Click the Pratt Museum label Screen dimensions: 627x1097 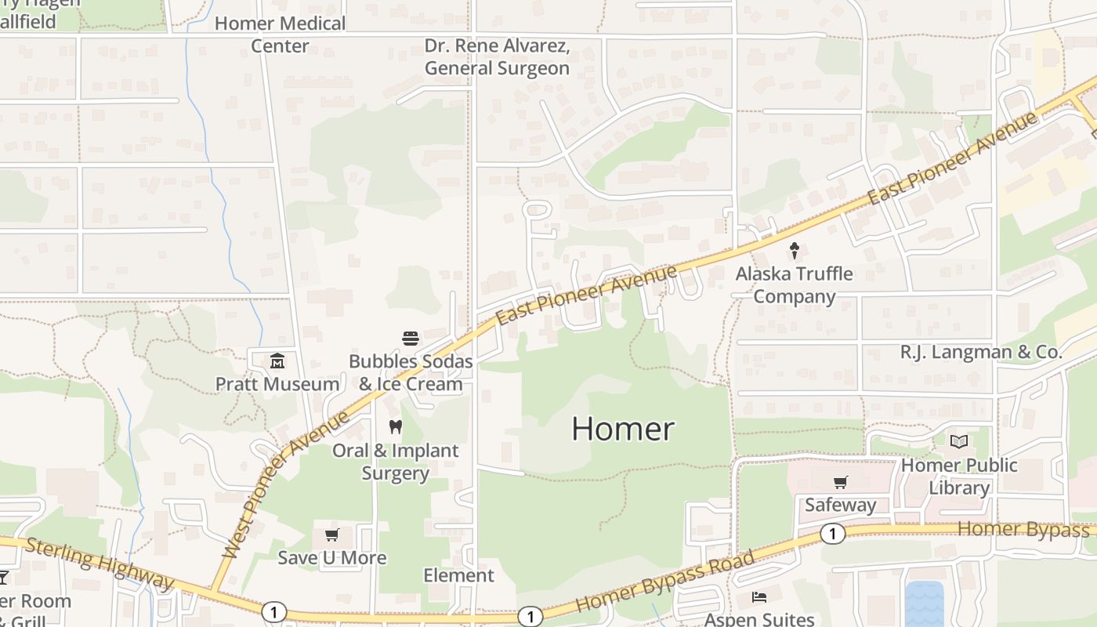[277, 384]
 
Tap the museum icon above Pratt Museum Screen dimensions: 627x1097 [277, 361]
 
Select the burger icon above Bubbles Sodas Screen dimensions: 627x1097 [411, 339]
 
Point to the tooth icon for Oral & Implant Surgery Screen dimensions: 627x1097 [396, 427]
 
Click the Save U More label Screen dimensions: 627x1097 [332, 557]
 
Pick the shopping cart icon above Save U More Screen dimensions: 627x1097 [331, 535]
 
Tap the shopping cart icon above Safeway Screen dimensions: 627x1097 [840, 482]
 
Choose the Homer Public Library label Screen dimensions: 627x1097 [959, 476]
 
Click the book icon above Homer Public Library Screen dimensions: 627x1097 [959, 442]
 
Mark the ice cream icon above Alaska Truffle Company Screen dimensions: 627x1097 [794, 251]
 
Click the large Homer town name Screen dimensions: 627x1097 [623, 429]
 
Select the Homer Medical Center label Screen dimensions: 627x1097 [280, 34]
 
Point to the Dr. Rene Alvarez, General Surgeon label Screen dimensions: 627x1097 [497, 56]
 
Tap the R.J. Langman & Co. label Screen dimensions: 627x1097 [981, 352]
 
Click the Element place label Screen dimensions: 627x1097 [458, 575]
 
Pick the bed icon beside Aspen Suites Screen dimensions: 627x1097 [758, 597]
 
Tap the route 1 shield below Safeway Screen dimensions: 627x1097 [832, 534]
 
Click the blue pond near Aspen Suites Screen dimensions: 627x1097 [925, 603]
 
